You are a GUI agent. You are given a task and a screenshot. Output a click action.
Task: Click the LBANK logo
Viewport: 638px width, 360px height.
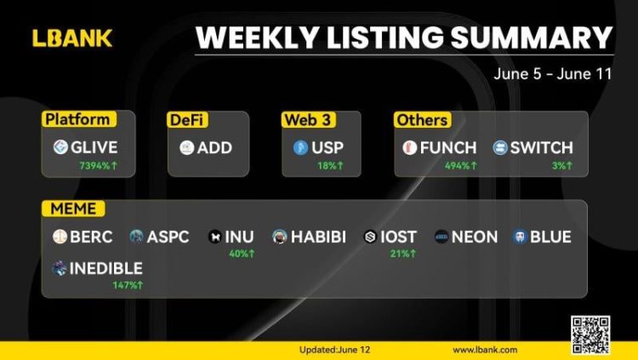click(x=72, y=37)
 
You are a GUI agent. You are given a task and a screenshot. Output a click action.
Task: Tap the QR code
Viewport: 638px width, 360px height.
click(x=590, y=334)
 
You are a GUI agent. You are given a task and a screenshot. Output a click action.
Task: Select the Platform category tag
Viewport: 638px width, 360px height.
click(x=77, y=120)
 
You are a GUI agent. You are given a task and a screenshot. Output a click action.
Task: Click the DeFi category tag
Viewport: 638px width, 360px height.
click(x=187, y=120)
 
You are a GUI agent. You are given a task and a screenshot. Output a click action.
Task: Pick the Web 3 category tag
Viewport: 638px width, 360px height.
click(x=304, y=120)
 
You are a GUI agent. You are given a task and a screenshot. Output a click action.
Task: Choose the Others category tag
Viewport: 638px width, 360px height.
click(x=421, y=120)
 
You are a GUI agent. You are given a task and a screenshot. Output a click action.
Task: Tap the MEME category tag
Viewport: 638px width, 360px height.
click(x=74, y=209)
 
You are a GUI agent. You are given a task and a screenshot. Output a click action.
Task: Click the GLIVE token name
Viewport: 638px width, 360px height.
click(x=95, y=148)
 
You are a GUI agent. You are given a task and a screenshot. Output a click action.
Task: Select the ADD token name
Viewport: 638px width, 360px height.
click(x=214, y=148)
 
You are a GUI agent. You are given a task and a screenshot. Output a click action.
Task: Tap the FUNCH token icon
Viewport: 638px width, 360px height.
click(x=409, y=148)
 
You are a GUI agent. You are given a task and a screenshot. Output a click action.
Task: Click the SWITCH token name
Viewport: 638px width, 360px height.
click(x=541, y=148)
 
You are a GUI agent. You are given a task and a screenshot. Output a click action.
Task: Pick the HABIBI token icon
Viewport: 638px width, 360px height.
click(x=279, y=237)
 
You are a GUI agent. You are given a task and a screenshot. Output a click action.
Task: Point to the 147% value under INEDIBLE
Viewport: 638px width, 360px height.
click(x=128, y=284)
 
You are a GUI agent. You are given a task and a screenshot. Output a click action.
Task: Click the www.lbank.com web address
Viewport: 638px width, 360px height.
click(x=485, y=350)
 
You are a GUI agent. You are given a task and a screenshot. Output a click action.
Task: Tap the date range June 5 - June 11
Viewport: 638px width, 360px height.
click(x=552, y=74)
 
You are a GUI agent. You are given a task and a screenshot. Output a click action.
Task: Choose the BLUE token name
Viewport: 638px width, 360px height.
click(x=551, y=237)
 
